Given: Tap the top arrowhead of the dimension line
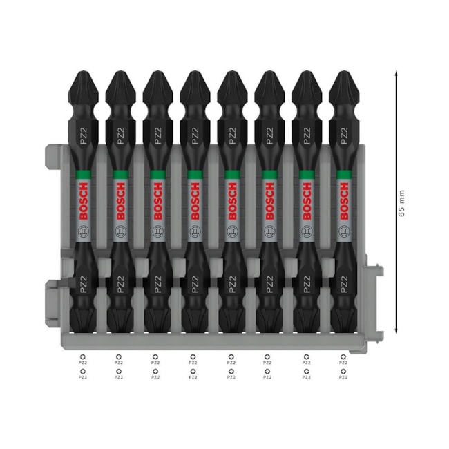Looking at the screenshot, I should [x=396, y=71].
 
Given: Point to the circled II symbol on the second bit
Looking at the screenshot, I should [x=120, y=232].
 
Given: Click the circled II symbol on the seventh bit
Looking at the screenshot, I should [x=305, y=232].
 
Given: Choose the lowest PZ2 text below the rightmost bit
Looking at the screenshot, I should [x=343, y=377].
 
